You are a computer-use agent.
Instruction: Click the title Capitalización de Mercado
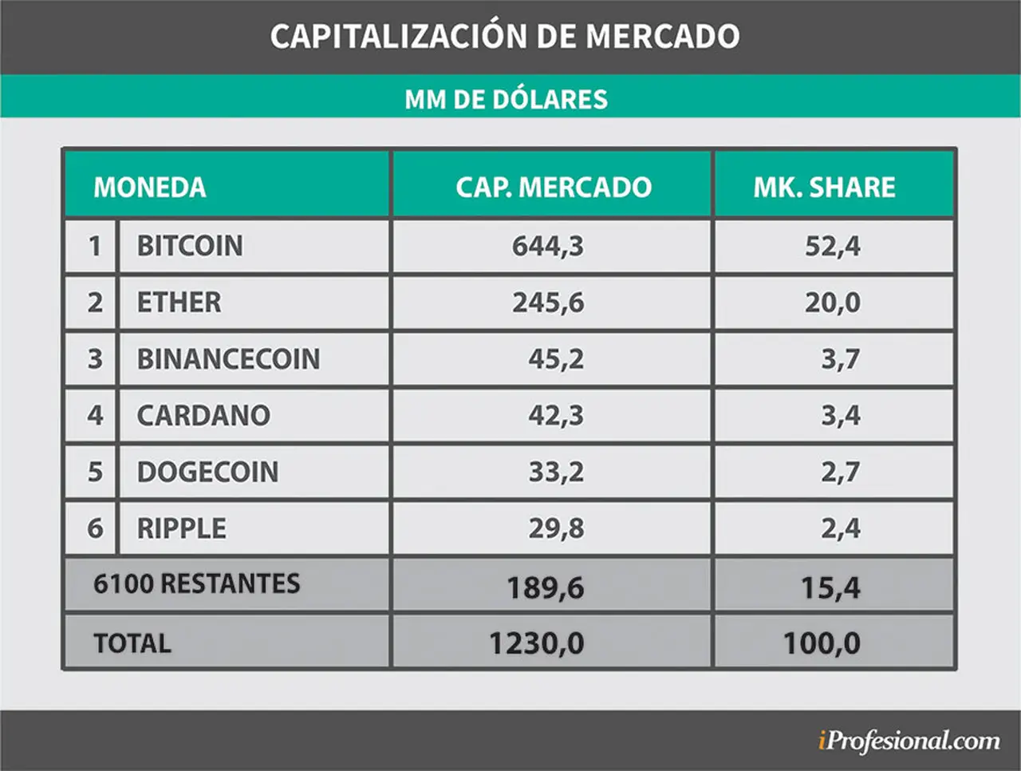(505, 35)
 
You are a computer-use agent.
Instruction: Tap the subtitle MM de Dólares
(506, 99)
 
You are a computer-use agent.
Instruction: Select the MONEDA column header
(149, 187)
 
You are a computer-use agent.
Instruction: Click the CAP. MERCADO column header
(554, 187)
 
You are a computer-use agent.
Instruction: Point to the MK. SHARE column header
(824, 187)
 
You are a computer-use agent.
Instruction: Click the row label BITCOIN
(190, 246)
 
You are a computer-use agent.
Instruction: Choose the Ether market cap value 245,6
(548, 302)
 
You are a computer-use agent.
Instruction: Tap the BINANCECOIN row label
(228, 358)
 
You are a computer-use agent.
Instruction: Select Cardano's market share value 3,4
(841, 416)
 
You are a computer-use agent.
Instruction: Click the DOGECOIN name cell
(207, 472)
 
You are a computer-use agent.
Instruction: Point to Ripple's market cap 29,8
(556, 528)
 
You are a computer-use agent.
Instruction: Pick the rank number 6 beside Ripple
(95, 528)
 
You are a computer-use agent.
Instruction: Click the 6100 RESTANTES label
(197, 584)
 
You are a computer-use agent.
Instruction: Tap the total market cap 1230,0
(536, 643)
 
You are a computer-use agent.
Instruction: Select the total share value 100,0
(822, 643)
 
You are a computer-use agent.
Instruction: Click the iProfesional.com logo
(909, 741)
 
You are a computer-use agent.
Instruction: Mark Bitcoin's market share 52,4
(833, 246)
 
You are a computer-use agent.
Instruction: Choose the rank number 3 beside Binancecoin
(95, 358)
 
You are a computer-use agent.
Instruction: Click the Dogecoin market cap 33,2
(556, 472)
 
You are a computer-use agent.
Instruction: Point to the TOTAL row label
(132, 643)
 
